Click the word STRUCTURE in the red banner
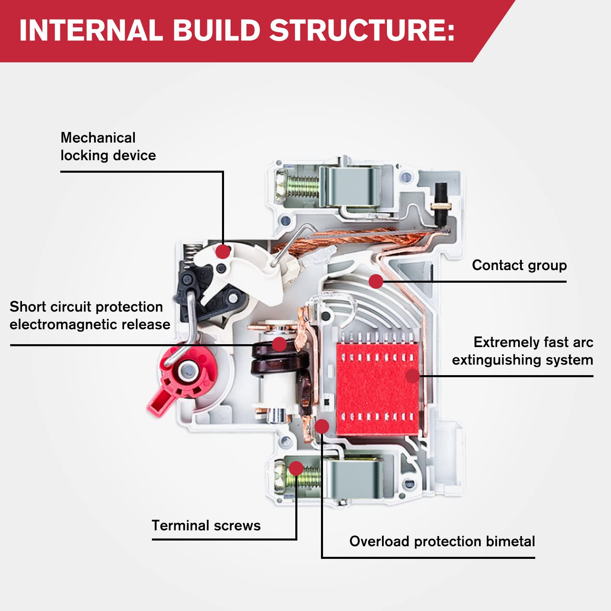point(362,31)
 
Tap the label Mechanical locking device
point(108,147)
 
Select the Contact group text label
point(519,265)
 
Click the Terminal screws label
point(206,525)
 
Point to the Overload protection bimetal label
point(442,541)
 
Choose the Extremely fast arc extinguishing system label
point(523,351)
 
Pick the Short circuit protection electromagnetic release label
point(90,315)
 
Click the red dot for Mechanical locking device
point(223,251)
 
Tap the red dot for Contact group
point(376,281)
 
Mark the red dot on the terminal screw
point(296,468)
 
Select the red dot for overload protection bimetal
point(322,426)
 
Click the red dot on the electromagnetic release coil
point(279,344)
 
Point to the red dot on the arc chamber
point(413,376)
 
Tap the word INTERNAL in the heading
point(91,31)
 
